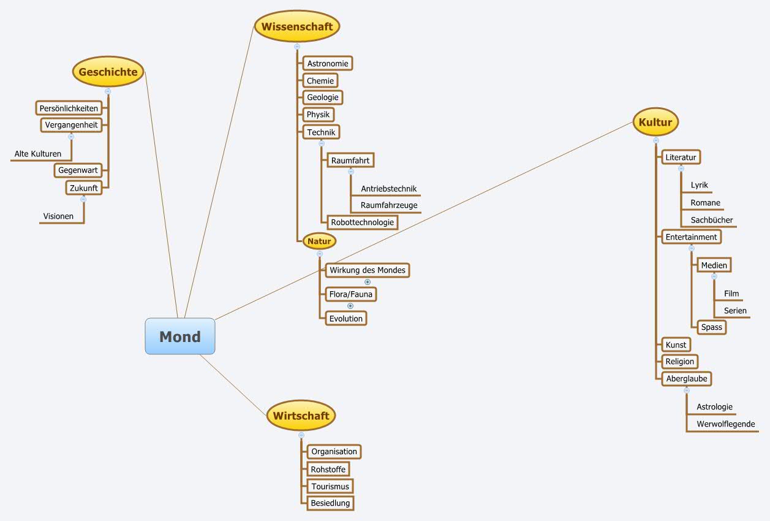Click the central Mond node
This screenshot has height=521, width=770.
[x=180, y=336]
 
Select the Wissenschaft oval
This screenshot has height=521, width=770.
[x=297, y=26]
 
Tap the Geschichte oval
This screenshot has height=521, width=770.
[x=108, y=72]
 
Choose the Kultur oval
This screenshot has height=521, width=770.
[x=655, y=122]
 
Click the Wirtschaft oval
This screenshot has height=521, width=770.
[x=301, y=416]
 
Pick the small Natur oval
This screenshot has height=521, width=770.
[x=319, y=241]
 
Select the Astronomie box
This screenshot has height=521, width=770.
[x=328, y=63]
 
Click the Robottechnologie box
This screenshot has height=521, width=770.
[x=363, y=222]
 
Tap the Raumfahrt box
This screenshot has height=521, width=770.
[x=350, y=160]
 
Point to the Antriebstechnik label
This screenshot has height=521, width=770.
[x=388, y=189]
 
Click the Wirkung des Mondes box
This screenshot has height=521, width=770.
[x=367, y=270]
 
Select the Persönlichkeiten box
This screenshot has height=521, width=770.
[x=69, y=108]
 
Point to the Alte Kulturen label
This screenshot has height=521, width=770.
[x=38, y=154]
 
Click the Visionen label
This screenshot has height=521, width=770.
[x=58, y=216]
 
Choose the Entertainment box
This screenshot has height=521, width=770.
[x=691, y=237]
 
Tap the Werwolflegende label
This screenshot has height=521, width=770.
[x=725, y=424]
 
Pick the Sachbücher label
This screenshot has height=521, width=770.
[x=712, y=220]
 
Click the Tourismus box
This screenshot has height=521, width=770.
[x=330, y=486]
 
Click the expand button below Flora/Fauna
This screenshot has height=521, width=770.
[x=350, y=306]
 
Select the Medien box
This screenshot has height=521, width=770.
[x=714, y=265]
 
